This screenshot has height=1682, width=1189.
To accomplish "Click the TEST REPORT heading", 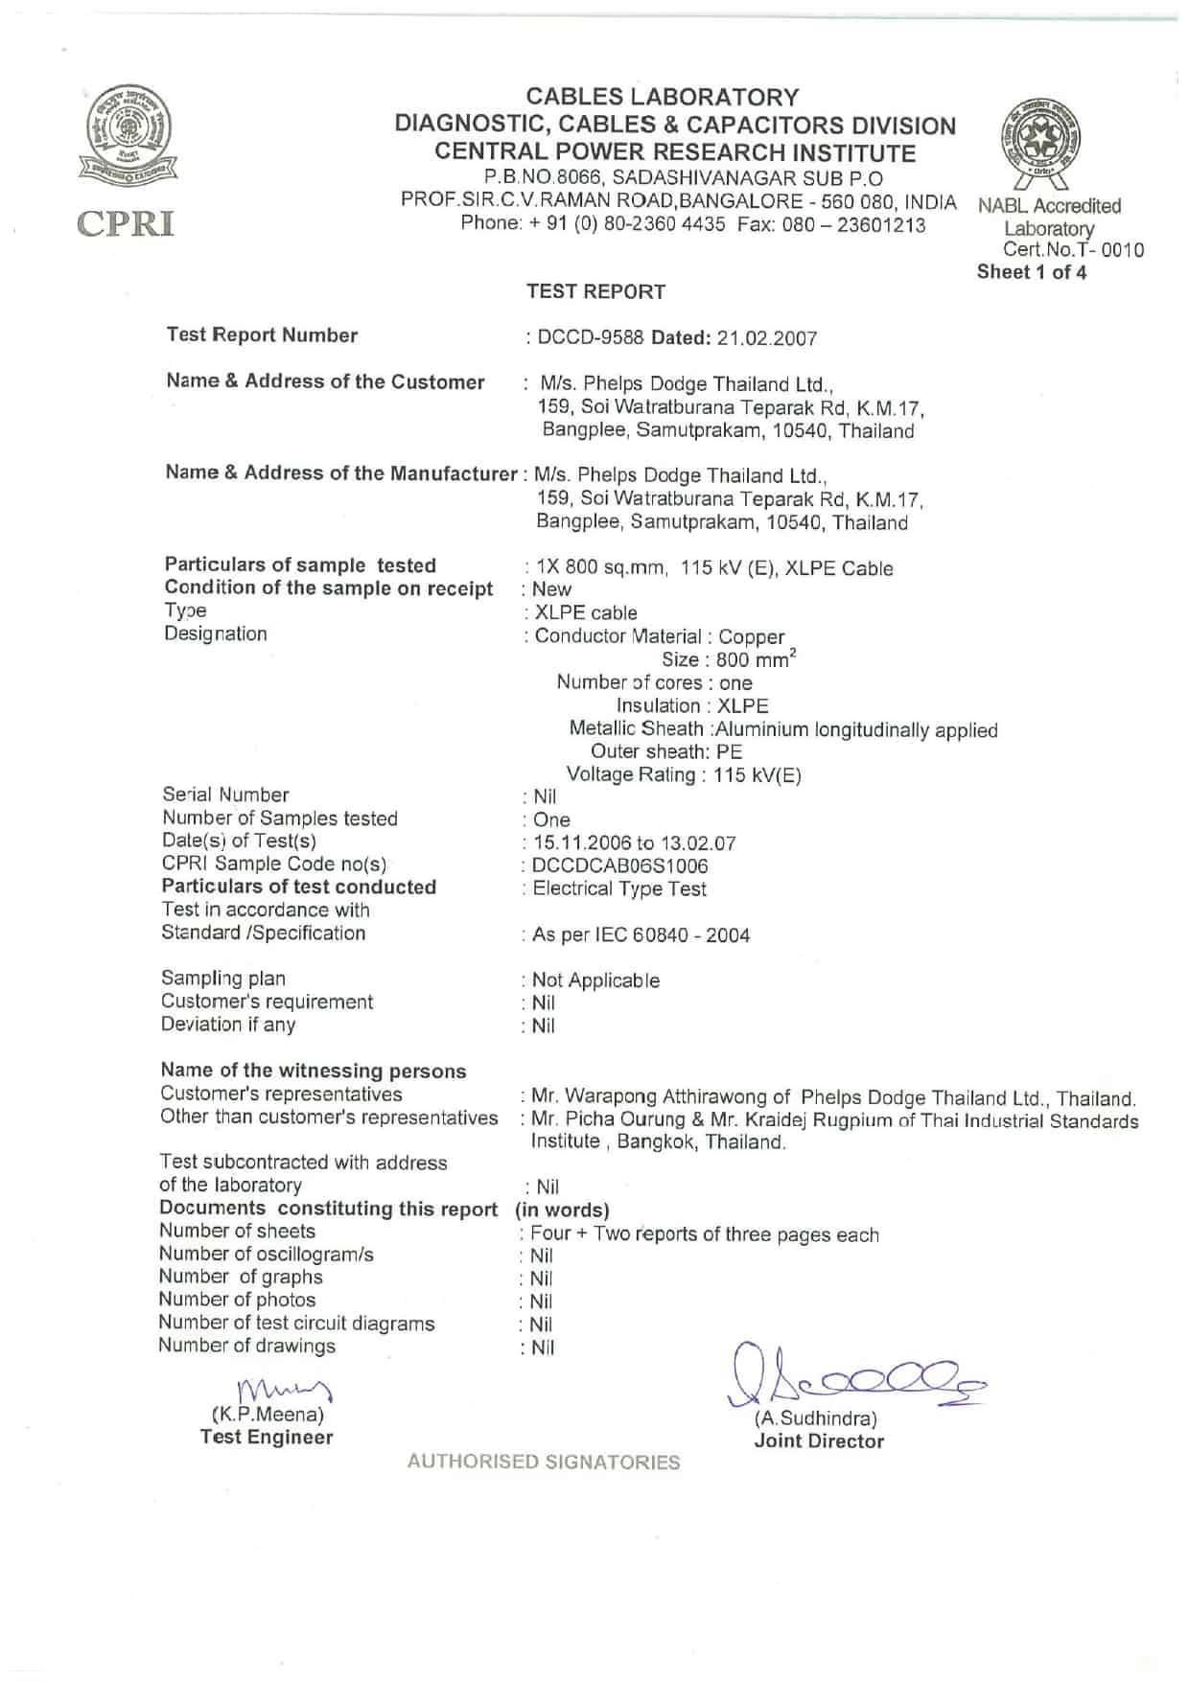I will pyautogui.click(x=595, y=291).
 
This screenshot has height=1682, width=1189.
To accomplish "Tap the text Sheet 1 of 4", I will pyautogui.click(x=1032, y=272).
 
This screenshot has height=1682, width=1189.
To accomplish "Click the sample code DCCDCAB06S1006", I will pyautogui.click(x=620, y=866).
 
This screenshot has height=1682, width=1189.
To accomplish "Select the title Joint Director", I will pyautogui.click(x=819, y=1440).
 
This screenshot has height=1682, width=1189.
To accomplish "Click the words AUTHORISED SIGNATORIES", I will pyautogui.click(x=544, y=1462).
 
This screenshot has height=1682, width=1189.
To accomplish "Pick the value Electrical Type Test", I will pyautogui.click(x=619, y=889).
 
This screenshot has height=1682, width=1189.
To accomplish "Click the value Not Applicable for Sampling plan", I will pyautogui.click(x=595, y=980).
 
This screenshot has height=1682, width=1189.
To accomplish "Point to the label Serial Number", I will pyautogui.click(x=225, y=795).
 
